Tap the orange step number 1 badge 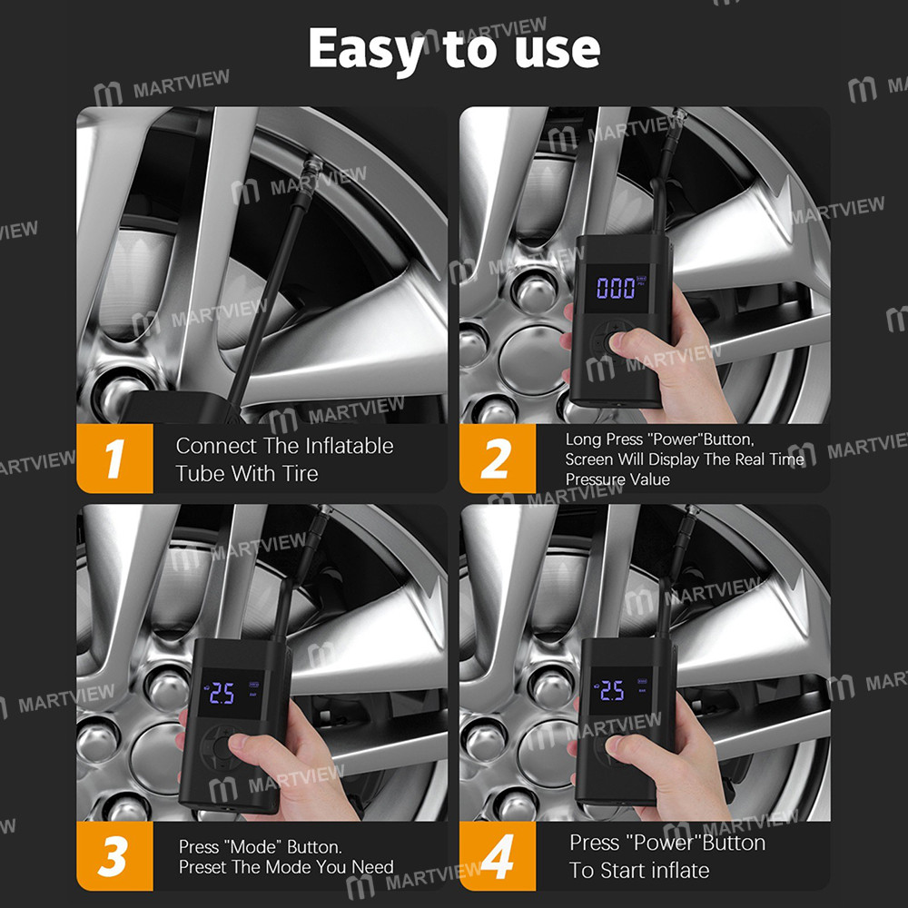[114, 459]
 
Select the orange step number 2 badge [498, 459]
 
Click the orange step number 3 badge [114, 856]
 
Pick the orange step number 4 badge [498, 856]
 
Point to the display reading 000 [617, 288]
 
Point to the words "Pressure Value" [617, 479]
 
